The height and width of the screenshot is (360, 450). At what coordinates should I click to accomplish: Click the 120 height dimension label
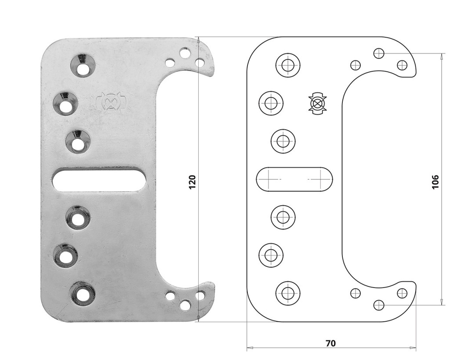(192, 182)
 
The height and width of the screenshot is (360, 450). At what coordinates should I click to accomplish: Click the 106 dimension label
(435, 182)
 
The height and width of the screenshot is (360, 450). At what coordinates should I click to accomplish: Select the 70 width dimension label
(330, 343)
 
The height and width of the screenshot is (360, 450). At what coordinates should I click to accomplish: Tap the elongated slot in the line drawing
(294, 179)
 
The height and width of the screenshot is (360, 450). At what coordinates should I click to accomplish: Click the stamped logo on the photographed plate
(110, 102)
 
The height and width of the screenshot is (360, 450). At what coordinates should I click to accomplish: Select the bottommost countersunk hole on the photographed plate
(83, 293)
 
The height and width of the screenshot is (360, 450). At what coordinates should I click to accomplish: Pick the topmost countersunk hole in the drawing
(288, 65)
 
